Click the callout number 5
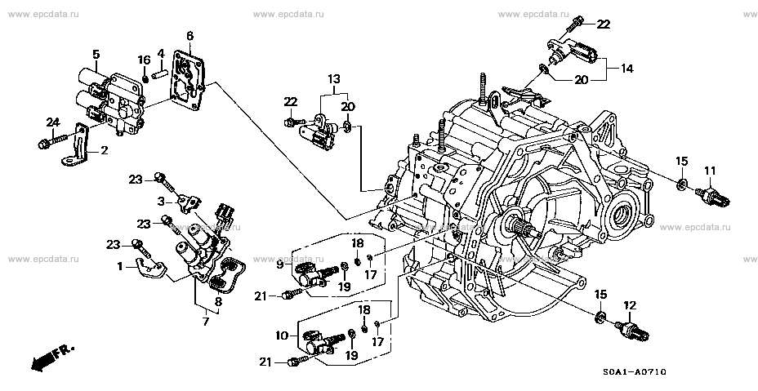point(96,55)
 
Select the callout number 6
point(189,35)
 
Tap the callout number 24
point(53,122)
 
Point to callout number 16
point(144,60)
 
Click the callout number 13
point(334,78)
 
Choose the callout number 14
point(627,69)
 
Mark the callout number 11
point(710,171)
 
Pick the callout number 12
point(630,305)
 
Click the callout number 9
point(280,264)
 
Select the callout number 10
point(282,335)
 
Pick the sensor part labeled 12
point(635,331)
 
